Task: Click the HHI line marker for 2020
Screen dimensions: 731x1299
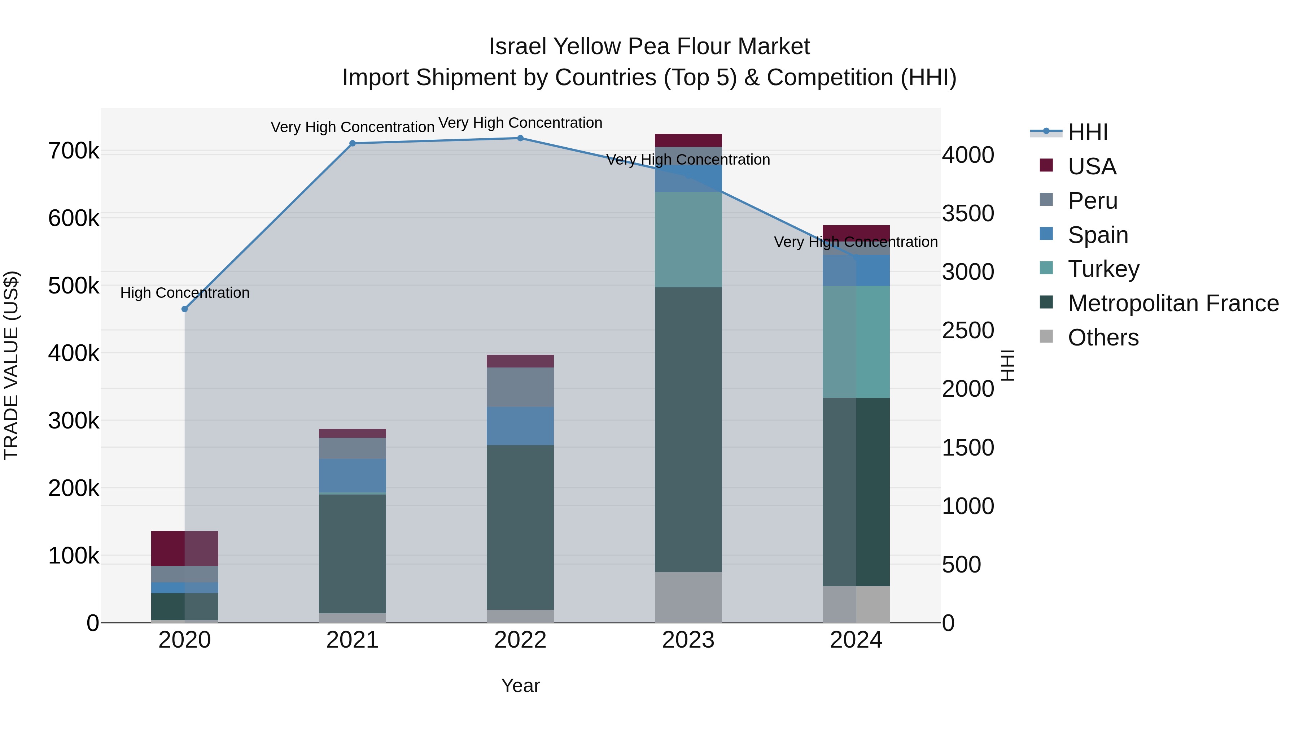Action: point(184,309)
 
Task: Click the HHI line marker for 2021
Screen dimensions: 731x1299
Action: point(353,143)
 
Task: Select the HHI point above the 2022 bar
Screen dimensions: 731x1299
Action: point(520,138)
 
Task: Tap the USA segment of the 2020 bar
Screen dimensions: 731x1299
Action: point(184,548)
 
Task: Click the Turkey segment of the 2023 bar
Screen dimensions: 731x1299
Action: point(688,240)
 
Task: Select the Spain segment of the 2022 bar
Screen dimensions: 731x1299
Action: point(520,426)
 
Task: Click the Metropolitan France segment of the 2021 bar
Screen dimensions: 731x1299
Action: point(353,553)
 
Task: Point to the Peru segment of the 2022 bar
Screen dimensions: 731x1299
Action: point(520,387)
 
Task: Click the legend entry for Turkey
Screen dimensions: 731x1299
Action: point(1103,269)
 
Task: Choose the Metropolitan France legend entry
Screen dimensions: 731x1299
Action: point(1173,303)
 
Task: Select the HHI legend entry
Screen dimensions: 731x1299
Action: point(1087,132)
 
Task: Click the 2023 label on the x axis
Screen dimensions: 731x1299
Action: point(688,640)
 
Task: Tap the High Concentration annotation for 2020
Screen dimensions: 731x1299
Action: point(184,293)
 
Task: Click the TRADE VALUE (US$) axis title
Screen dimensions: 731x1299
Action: point(11,365)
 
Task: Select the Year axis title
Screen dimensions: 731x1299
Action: point(520,686)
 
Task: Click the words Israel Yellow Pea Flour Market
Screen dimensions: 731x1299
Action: point(649,47)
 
